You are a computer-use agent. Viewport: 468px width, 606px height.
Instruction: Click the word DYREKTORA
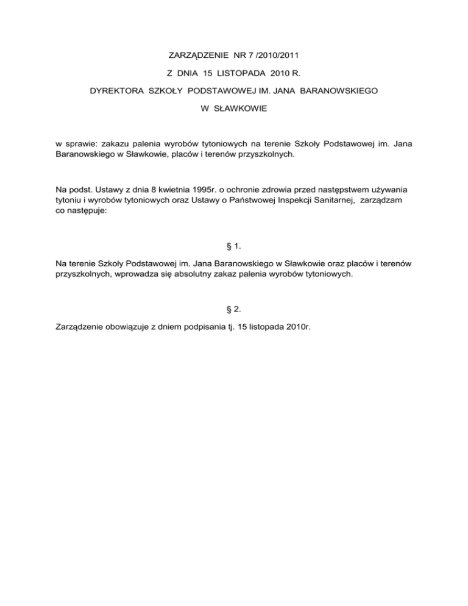117,91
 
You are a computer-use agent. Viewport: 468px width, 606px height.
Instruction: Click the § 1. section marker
233,246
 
